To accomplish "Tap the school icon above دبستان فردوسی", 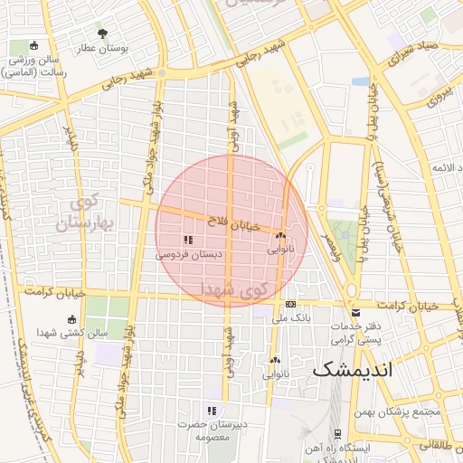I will click(x=188, y=240).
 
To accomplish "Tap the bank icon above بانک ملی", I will click(x=290, y=305).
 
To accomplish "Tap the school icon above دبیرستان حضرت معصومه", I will click(x=212, y=411).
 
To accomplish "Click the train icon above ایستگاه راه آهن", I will click(x=336, y=433).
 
